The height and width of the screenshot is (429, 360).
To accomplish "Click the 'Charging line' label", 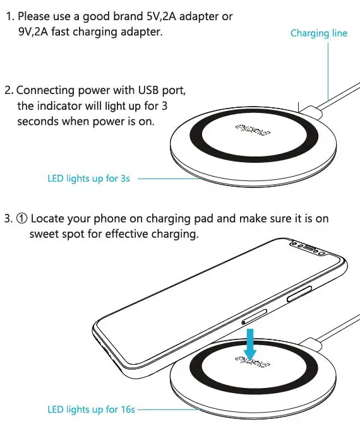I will tap(318, 33).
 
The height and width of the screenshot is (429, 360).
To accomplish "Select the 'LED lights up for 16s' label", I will tap(92, 409).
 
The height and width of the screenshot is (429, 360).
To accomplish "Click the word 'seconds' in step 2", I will tap(38, 121).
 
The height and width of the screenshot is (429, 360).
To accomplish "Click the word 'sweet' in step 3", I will tap(45, 234).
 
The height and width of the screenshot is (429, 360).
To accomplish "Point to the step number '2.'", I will tap(9, 90).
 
